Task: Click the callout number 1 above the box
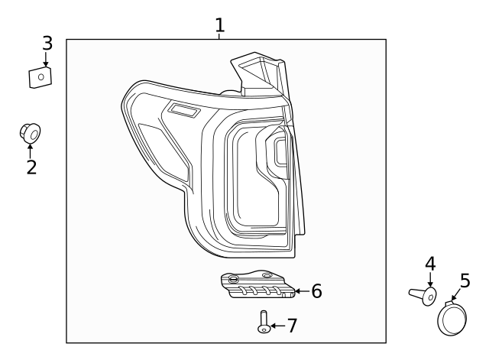(220, 25)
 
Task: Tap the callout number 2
(31, 167)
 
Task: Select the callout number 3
(47, 43)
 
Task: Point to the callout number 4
(430, 263)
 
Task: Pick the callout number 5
(465, 281)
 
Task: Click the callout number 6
(316, 291)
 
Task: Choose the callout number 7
(291, 326)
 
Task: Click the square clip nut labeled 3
(40, 77)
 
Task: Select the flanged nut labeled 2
(31, 135)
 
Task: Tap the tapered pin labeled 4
(423, 294)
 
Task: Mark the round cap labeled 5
(452, 317)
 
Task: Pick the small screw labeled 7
(264, 322)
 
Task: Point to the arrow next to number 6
(301, 291)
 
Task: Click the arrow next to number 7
(277, 326)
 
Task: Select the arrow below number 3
(47, 60)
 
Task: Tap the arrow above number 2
(31, 149)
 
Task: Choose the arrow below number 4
(430, 280)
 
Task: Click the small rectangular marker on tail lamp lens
(183, 112)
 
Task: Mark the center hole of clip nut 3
(40, 76)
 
